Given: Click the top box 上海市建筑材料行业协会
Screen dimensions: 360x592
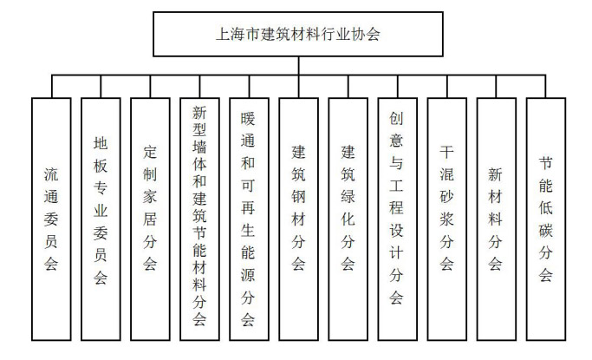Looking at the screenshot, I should pyautogui.click(x=297, y=36).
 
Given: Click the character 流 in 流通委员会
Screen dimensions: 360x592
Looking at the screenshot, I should pyautogui.click(x=51, y=173).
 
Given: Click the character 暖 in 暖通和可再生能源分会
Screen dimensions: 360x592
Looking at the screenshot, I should pyautogui.click(x=249, y=116).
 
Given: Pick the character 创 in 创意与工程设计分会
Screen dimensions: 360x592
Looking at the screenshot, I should pyautogui.click(x=397, y=116).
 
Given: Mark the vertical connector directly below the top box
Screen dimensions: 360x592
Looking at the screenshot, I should pyautogui.click(x=297, y=66).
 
